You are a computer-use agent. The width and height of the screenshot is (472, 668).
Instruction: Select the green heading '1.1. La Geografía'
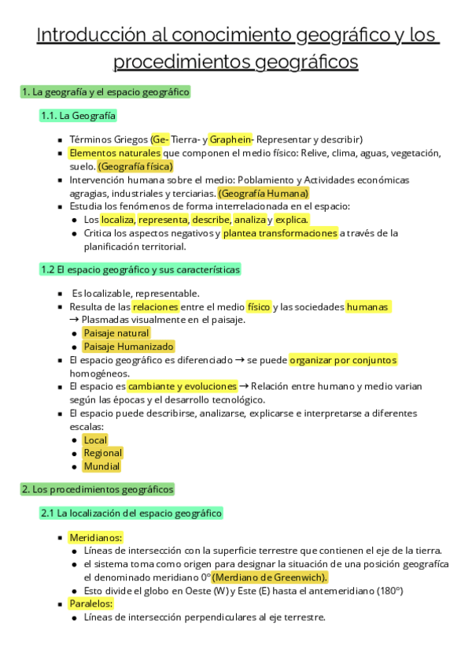[78, 116]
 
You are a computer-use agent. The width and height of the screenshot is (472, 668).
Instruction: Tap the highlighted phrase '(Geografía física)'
[135, 166]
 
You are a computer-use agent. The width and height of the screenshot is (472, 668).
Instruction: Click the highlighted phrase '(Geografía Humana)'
[264, 193]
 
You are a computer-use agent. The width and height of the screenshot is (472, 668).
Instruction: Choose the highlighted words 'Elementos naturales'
[115, 153]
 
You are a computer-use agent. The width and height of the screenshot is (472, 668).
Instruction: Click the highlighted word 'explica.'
[292, 220]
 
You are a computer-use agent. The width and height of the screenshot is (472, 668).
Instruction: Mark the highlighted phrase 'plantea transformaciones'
[280, 233]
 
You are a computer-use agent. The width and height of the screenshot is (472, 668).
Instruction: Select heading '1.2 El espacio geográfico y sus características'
[140, 269]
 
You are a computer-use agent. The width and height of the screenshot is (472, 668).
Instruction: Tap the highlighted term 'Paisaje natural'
[116, 333]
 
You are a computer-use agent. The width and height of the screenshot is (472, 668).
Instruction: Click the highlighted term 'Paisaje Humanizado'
[128, 347]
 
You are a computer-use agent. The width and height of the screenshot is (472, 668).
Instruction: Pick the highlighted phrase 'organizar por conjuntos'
[343, 360]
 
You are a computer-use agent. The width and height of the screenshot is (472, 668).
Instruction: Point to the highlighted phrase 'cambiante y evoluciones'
[183, 387]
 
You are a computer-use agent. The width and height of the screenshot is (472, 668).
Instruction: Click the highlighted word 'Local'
[95, 440]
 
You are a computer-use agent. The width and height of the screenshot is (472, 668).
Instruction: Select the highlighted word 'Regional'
[103, 453]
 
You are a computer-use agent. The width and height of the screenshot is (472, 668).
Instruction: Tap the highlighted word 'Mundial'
[101, 466]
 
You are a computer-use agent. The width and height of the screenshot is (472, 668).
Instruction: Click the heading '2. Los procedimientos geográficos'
[98, 489]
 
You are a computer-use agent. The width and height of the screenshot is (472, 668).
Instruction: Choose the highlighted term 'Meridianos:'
[95, 537]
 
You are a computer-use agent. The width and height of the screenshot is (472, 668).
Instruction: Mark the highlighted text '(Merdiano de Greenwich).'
[270, 577]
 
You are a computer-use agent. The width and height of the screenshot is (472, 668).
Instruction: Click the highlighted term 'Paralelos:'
[91, 604]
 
